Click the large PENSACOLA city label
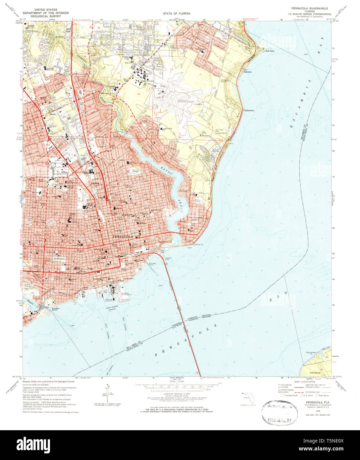pos(123,237)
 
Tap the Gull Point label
pos(269,51)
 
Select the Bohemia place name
pos(248,72)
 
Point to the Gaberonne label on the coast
pos(249,110)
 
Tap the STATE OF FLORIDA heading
pos(176,14)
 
